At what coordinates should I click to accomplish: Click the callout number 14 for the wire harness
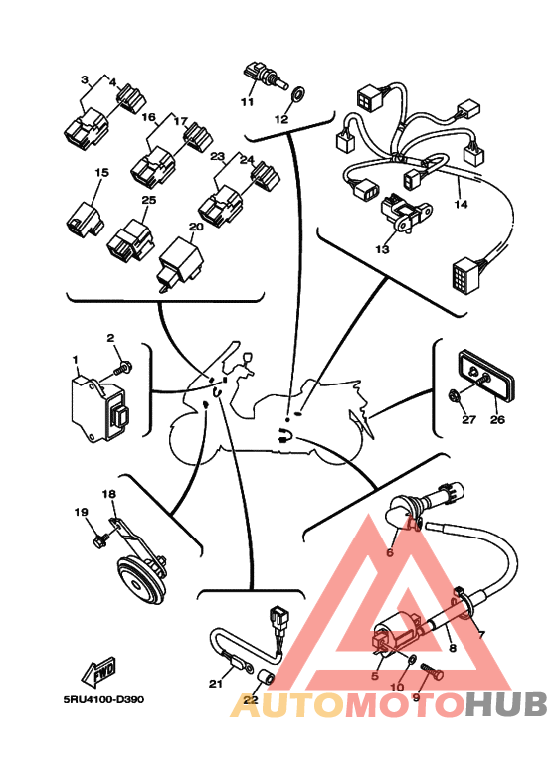(461, 204)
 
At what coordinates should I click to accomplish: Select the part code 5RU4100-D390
(103, 699)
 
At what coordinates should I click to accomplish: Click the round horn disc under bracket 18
(140, 581)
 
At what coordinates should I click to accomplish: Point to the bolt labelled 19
(101, 539)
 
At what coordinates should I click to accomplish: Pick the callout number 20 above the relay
(196, 227)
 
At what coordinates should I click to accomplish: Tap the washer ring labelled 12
(296, 93)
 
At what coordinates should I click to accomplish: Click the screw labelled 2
(122, 368)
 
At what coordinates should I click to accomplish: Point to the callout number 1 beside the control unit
(75, 360)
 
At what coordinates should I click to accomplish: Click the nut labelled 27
(455, 394)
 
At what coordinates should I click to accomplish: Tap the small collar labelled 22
(267, 679)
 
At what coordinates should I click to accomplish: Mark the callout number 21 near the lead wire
(216, 683)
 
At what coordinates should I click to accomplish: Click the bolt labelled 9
(432, 671)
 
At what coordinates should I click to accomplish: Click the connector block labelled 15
(85, 221)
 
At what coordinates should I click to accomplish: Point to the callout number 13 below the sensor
(382, 248)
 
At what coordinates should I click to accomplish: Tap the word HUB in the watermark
(506, 704)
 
